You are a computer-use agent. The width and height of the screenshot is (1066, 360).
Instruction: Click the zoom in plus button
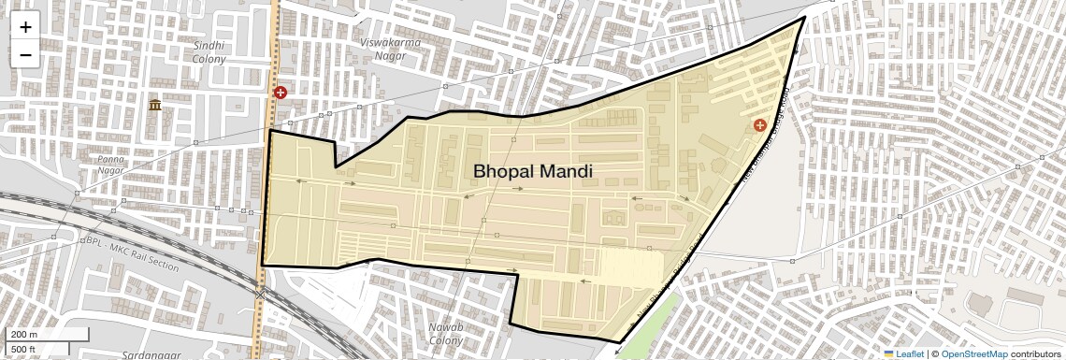pos(25,27)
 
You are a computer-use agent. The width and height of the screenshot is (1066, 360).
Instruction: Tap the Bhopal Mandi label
pos(532,171)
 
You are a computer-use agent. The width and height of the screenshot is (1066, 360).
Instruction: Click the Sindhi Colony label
pos(209,51)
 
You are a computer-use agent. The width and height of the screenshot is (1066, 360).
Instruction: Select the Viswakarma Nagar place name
pos(390,49)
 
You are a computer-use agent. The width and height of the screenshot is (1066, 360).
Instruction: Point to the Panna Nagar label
pos(111,166)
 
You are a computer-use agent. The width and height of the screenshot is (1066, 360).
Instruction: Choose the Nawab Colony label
pos(439,333)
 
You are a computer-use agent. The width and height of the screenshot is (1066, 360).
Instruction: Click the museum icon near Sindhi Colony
pos(154,105)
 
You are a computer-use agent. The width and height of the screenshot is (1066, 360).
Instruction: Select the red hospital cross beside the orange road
pos(281,93)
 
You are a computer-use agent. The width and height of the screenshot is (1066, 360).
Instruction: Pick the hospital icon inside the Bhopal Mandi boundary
pos(759,125)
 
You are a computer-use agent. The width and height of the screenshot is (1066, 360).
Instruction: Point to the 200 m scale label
pos(24,335)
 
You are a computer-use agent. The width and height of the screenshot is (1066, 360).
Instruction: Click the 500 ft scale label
pos(24,350)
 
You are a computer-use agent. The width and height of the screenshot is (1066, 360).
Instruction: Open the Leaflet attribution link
pos(903,353)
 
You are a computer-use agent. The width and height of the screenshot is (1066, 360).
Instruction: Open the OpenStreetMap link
pos(973,353)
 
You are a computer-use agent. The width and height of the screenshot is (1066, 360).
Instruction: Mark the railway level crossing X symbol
pos(260,294)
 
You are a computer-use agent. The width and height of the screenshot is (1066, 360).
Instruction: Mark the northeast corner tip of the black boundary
pos(804,17)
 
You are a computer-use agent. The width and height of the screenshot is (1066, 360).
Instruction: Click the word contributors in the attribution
pos(1035,353)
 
